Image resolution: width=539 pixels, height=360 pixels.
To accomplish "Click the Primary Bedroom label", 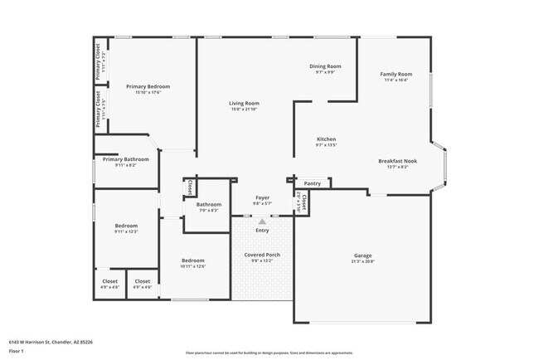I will pos(148,86).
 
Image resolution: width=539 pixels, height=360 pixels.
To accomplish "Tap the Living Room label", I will pos(245,104).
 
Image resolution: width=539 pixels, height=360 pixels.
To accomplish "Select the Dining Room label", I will pos(325,66).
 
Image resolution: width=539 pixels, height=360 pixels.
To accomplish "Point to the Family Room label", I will pos(396,74).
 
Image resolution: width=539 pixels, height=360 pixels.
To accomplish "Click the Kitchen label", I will pos(326,139).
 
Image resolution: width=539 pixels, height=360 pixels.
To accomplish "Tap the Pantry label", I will pos(313,183).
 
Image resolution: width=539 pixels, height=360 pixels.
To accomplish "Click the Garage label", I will pos(363,255).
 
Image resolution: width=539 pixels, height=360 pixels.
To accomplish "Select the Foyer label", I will pos(262,197).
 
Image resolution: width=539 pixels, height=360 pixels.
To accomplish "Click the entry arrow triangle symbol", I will pos(262,221).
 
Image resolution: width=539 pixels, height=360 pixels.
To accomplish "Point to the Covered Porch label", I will pos(261,255).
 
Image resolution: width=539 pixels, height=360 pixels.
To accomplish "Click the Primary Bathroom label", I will pos(126,159).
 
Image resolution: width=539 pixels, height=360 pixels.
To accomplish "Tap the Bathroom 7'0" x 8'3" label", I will pos(208,204).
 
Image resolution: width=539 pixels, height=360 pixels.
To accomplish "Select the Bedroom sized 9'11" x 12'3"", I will pos(126,226).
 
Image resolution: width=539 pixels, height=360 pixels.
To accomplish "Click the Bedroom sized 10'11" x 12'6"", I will pos(193,260).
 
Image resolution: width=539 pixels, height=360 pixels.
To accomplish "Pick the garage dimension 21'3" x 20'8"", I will pos(363,261).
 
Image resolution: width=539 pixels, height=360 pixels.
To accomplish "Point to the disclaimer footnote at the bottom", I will pos(269,352).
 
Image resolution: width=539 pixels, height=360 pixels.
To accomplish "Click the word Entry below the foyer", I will pos(262,230).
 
